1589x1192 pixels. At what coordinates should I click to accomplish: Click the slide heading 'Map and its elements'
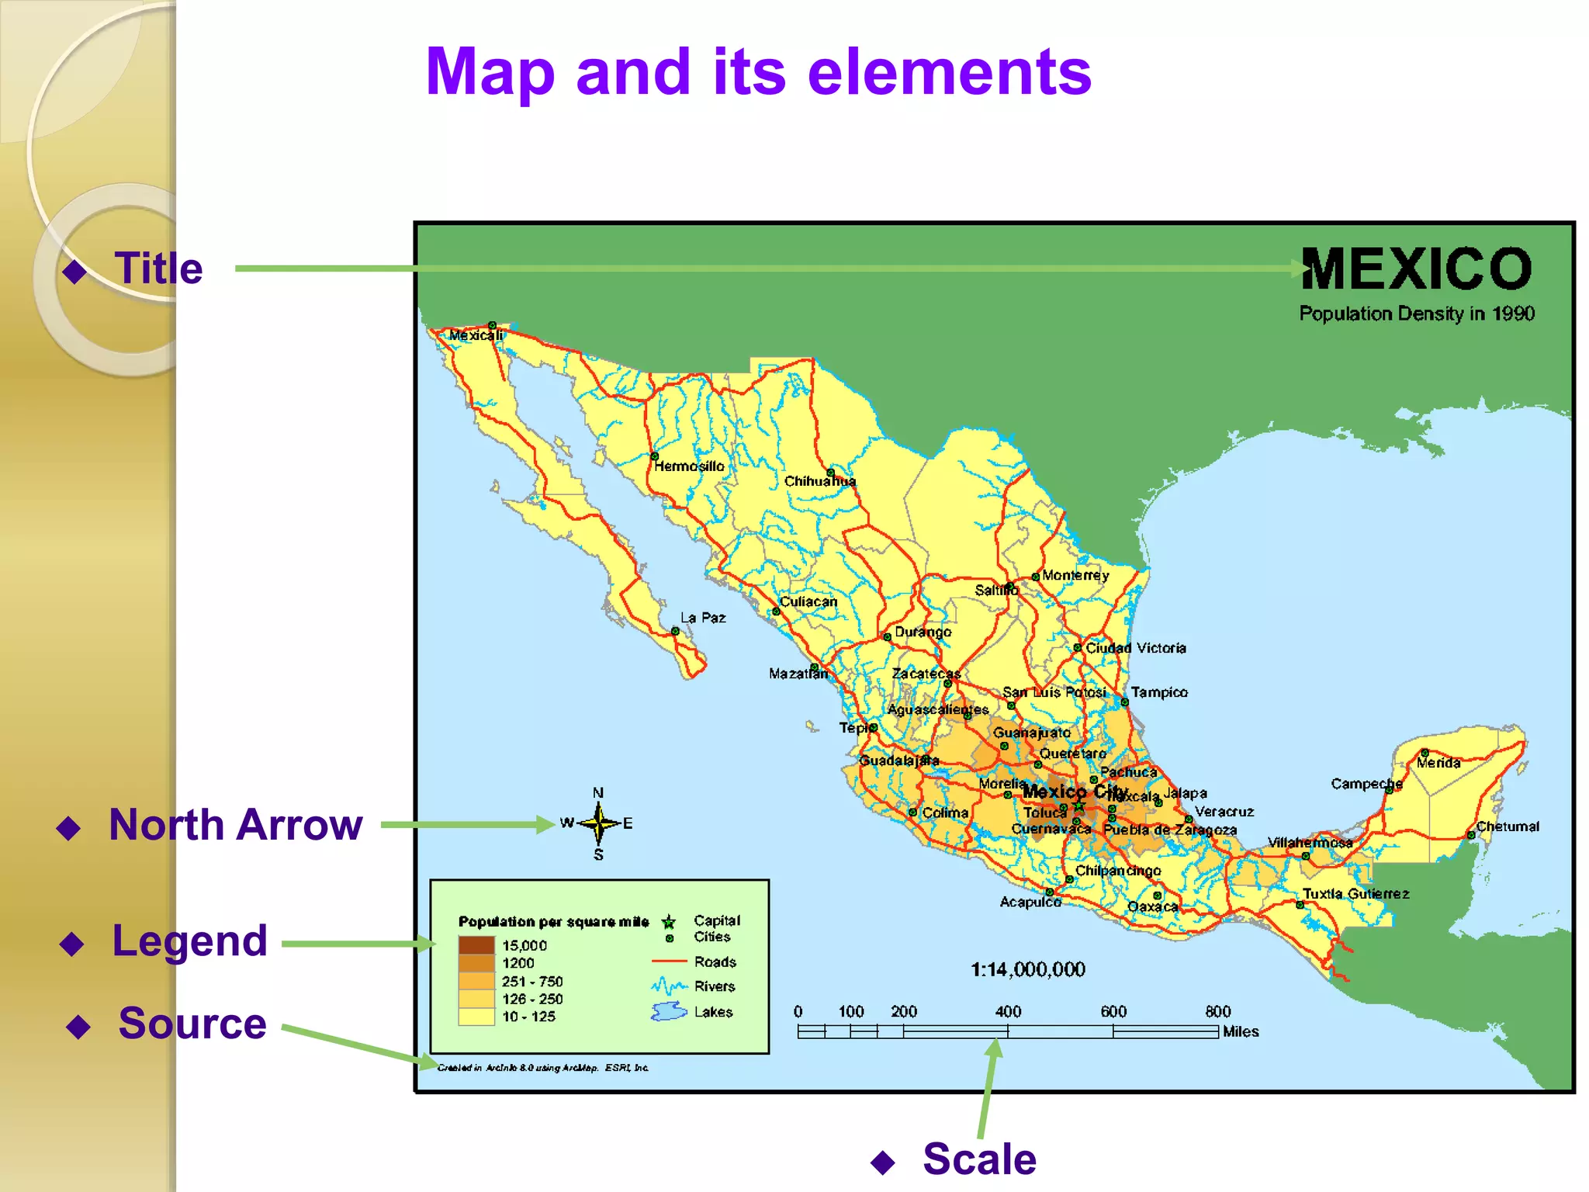pyautogui.click(x=758, y=71)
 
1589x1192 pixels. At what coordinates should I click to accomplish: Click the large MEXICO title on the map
pyautogui.click(x=1417, y=269)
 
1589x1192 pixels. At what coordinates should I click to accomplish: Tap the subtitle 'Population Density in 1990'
pyautogui.click(x=1417, y=314)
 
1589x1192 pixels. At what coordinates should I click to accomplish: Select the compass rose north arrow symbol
pyautogui.click(x=598, y=823)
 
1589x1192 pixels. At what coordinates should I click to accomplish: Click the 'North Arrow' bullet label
pyautogui.click(x=235, y=824)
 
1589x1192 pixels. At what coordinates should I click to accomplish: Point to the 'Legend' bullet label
pyautogui.click(x=189, y=941)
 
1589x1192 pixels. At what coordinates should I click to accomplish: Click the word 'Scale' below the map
pyautogui.click(x=979, y=1159)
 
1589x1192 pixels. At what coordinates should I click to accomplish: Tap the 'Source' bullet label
pyautogui.click(x=192, y=1023)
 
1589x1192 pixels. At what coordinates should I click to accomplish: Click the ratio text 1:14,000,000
pyautogui.click(x=1028, y=969)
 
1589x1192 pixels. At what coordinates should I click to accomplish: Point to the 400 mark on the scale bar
pyautogui.click(x=1008, y=1012)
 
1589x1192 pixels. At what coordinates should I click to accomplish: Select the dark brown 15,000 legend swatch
pyautogui.click(x=476, y=945)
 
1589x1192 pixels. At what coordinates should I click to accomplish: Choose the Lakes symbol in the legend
pyautogui.click(x=669, y=1012)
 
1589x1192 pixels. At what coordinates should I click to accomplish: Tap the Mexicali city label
pyautogui.click(x=476, y=335)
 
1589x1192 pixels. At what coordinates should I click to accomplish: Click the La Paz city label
pyautogui.click(x=703, y=618)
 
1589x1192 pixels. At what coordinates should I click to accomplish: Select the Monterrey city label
pyautogui.click(x=1075, y=575)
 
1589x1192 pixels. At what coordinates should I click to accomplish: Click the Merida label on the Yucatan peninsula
pyautogui.click(x=1438, y=763)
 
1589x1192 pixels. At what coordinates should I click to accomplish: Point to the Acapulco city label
pyautogui.click(x=1030, y=902)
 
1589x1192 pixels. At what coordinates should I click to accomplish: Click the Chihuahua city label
pyautogui.click(x=819, y=481)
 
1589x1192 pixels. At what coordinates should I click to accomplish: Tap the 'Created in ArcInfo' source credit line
pyautogui.click(x=542, y=1068)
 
